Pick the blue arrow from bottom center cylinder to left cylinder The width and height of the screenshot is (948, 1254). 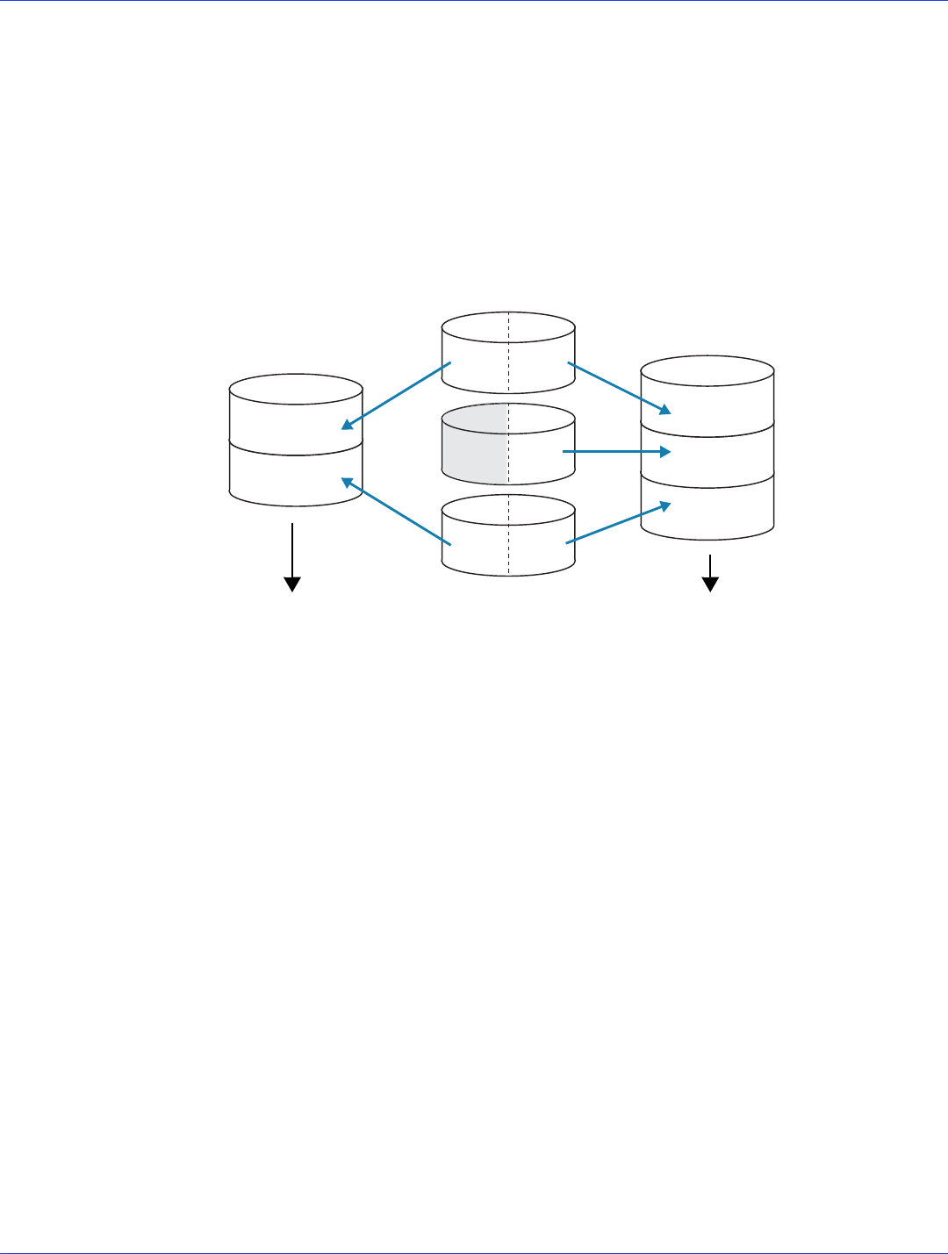(x=396, y=512)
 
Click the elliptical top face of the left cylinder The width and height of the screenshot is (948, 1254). (x=296, y=390)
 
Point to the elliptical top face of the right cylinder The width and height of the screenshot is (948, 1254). (x=707, y=371)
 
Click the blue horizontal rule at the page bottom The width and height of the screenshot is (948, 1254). (x=474, y=1252)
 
